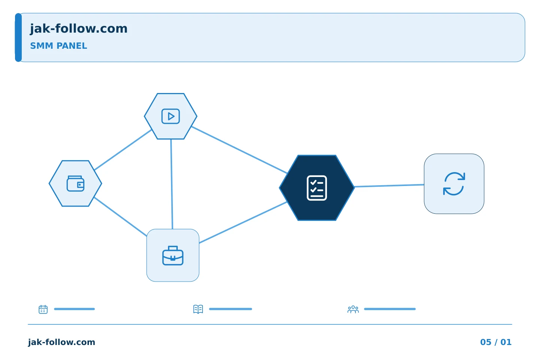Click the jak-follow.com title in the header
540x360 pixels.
tap(79, 29)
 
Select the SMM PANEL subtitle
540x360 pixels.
tap(58, 46)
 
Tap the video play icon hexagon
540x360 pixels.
tap(171, 116)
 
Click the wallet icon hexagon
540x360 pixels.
tap(75, 183)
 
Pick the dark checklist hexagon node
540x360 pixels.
tap(317, 188)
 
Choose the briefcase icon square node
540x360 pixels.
tap(173, 255)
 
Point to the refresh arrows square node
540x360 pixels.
tap(454, 184)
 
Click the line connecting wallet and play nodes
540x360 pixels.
tap(123, 150)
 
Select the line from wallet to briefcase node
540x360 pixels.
tap(120, 217)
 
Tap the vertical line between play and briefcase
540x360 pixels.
tap(172, 184)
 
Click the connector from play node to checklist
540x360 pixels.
tap(239, 150)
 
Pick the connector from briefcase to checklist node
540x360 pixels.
tap(243, 222)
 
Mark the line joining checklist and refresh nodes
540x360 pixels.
tap(389, 186)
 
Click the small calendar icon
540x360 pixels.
tap(43, 309)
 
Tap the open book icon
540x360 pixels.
tap(198, 309)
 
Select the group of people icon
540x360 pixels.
tap(353, 309)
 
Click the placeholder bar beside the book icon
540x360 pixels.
tap(231, 309)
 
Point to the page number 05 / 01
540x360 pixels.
tap(496, 342)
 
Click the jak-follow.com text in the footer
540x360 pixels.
tap(61, 342)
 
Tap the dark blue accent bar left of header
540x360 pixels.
tap(18, 37)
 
